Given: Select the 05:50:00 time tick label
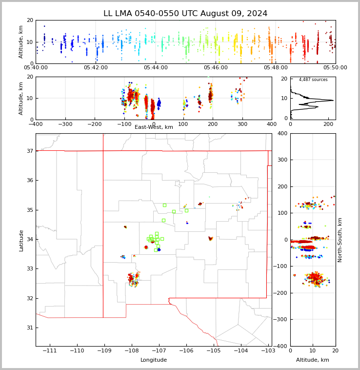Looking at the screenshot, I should click(x=335, y=68).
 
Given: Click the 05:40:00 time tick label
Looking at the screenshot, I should click(x=36, y=68).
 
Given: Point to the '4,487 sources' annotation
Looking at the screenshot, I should click(x=313, y=80).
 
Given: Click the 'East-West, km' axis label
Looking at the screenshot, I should click(x=154, y=127).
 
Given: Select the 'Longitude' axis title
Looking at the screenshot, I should click(x=154, y=360).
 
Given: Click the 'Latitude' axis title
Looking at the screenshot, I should click(x=21, y=240).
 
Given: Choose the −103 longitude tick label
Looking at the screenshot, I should click(x=267, y=351).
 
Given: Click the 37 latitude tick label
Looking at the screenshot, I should click(x=29, y=151).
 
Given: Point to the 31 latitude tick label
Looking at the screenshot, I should click(x=29, y=328).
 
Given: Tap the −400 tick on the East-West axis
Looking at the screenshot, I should click(x=36, y=124).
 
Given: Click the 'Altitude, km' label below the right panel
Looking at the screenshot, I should click(x=313, y=360).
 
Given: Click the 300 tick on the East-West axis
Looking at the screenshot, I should click(x=242, y=124).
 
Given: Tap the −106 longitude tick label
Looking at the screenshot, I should click(x=186, y=351).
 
